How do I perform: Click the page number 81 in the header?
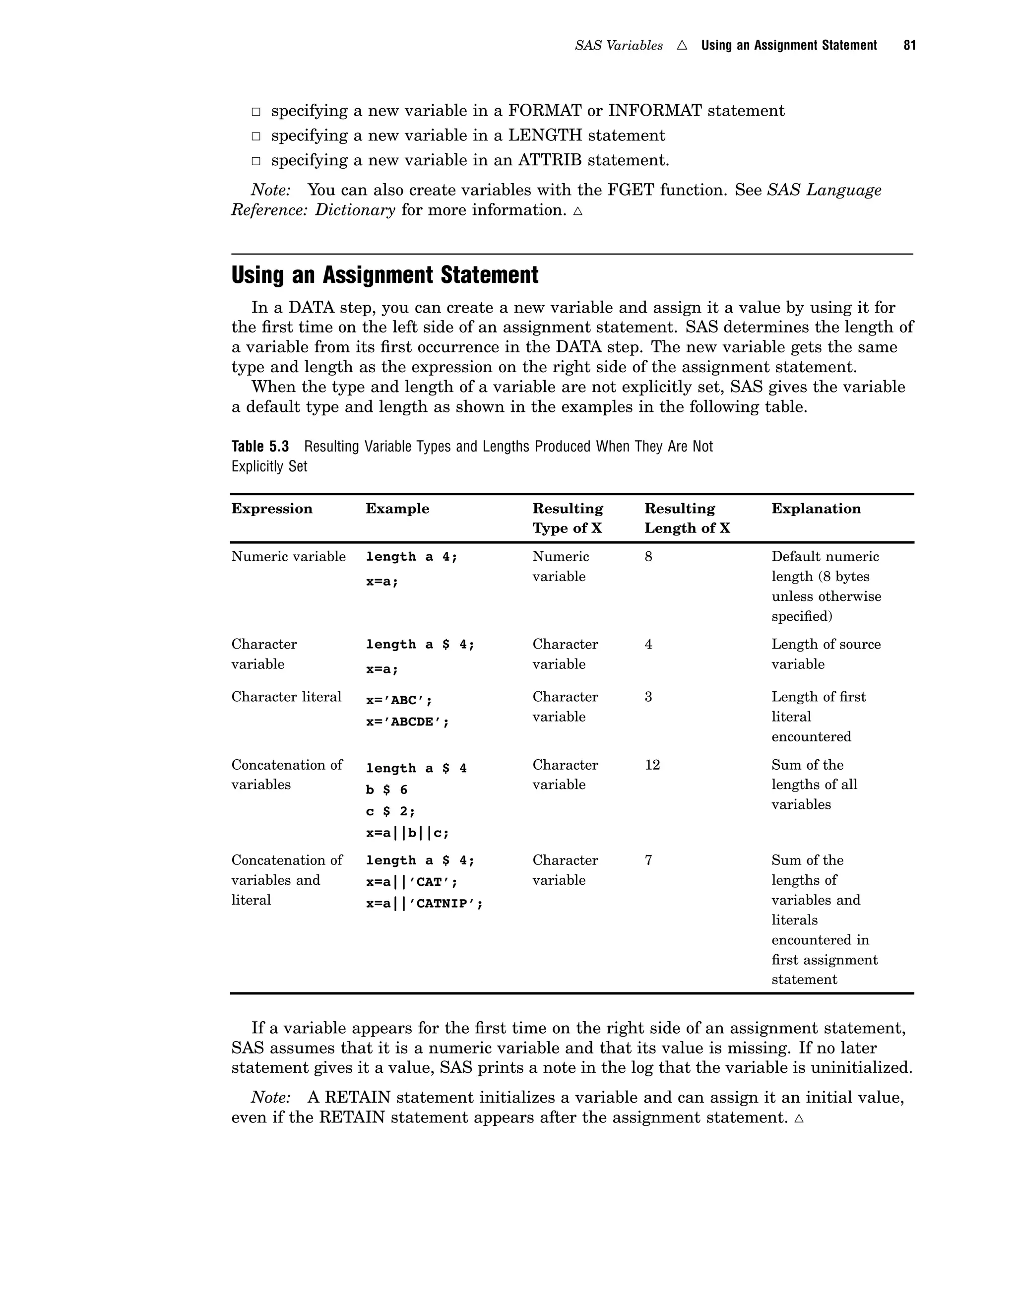tap(909, 45)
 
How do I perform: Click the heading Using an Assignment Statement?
tap(384, 275)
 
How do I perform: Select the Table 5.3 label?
tap(260, 446)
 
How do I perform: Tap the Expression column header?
tap(271, 509)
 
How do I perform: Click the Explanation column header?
tap(816, 509)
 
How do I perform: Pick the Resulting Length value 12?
tap(652, 765)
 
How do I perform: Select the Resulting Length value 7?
tap(648, 860)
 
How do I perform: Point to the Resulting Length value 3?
tap(648, 697)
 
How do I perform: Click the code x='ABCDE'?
tap(407, 722)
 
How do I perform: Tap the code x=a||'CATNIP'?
tap(424, 903)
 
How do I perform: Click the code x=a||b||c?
tap(407, 833)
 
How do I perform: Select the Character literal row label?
tap(286, 697)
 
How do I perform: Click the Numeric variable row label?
tap(288, 556)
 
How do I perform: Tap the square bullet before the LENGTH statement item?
tap(256, 136)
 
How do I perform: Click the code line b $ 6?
tap(386, 789)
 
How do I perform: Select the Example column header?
tap(397, 509)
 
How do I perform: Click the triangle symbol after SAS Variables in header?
tap(682, 45)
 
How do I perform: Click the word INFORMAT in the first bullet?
tap(655, 111)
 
